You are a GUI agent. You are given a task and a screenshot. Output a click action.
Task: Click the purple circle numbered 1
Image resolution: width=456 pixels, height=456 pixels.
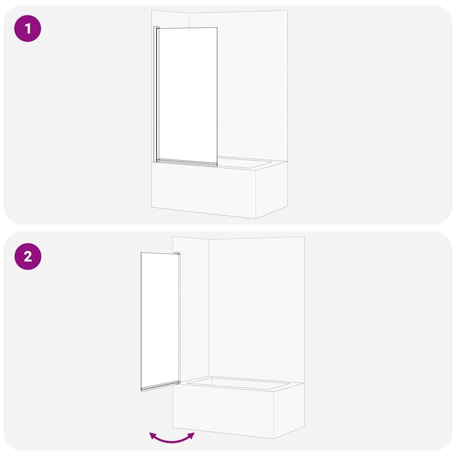click(28, 28)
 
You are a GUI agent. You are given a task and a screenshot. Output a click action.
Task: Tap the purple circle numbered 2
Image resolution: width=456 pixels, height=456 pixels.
click(28, 256)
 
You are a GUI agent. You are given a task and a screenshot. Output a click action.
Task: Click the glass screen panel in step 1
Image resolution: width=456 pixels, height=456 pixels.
click(188, 97)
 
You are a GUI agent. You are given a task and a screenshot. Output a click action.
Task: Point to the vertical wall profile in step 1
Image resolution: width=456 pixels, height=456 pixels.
click(155, 94)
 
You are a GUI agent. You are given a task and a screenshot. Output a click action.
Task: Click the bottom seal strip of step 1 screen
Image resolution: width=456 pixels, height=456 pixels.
click(187, 163)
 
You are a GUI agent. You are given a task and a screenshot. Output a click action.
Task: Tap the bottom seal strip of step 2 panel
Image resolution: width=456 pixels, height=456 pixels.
click(160, 386)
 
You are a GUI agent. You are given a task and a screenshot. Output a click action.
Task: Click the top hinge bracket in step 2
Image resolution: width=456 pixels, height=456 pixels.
click(177, 253)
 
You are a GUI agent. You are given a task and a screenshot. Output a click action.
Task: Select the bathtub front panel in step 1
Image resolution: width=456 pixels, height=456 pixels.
click(204, 190)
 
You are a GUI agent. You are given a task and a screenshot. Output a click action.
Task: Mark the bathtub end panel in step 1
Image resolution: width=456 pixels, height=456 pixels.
click(272, 189)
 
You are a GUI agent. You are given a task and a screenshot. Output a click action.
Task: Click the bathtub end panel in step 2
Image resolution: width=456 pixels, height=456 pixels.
click(289, 410)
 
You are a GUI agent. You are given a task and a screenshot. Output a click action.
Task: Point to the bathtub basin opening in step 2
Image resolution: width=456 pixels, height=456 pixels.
click(239, 383)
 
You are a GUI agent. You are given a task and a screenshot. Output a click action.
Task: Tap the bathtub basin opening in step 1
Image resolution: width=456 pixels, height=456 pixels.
click(245, 163)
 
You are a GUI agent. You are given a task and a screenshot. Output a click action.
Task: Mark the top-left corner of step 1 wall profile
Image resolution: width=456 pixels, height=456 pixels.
click(154, 26)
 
